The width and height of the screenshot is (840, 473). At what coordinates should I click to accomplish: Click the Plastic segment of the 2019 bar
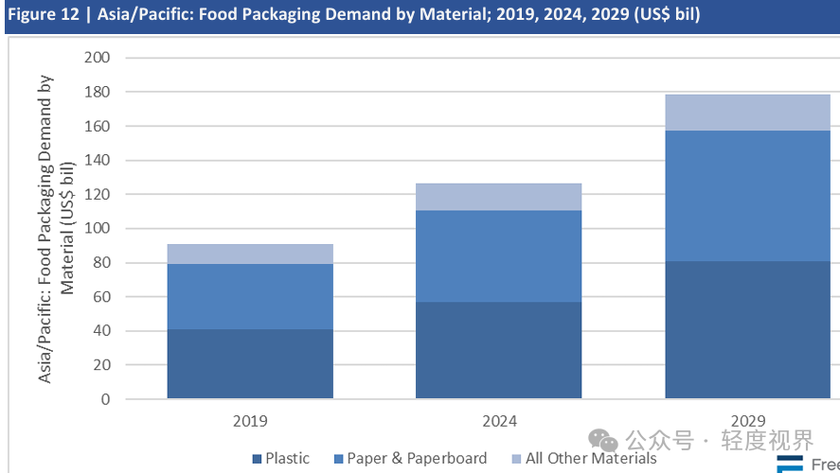point(250,364)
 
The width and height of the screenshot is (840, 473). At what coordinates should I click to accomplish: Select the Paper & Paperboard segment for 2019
point(250,296)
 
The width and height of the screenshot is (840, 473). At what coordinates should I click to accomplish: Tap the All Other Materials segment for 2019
point(250,254)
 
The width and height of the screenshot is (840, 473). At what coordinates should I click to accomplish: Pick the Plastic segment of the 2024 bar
point(498,350)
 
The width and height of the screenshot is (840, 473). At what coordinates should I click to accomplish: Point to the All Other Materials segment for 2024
point(498,197)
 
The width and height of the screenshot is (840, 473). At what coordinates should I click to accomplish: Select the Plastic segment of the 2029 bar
point(747,329)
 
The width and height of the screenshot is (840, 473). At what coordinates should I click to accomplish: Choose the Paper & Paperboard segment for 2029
point(747,195)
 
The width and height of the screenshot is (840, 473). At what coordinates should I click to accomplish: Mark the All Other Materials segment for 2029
point(747,112)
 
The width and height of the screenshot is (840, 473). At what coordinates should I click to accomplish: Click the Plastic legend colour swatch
point(257,459)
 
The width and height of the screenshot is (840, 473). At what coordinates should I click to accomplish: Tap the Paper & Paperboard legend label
point(417,459)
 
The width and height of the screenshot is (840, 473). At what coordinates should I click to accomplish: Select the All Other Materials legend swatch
point(517,459)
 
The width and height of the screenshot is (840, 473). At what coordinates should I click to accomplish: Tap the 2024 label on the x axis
point(498,421)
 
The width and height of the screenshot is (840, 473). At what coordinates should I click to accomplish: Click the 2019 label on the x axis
point(250,421)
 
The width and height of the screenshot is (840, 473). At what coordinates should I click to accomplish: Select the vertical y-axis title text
point(56,228)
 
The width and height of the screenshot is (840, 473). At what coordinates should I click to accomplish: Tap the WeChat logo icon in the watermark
point(603,440)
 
